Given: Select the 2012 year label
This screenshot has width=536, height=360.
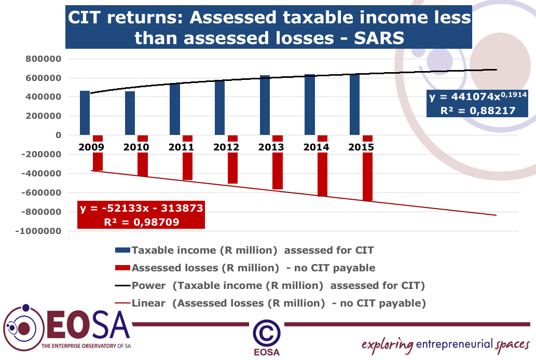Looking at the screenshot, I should click(226, 147).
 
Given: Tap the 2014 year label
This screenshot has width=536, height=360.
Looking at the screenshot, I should click(316, 147).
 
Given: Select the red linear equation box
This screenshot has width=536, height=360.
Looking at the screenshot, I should click(141, 215).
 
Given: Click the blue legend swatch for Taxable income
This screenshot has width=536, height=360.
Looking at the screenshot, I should click(122, 250).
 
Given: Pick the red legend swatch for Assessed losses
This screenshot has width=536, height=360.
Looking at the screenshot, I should click(122, 268).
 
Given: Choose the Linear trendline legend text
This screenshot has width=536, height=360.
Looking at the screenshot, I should click(279, 303).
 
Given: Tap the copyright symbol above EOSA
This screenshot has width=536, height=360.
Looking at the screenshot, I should click(267, 331).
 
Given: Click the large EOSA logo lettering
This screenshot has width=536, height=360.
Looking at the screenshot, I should click(86, 325).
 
